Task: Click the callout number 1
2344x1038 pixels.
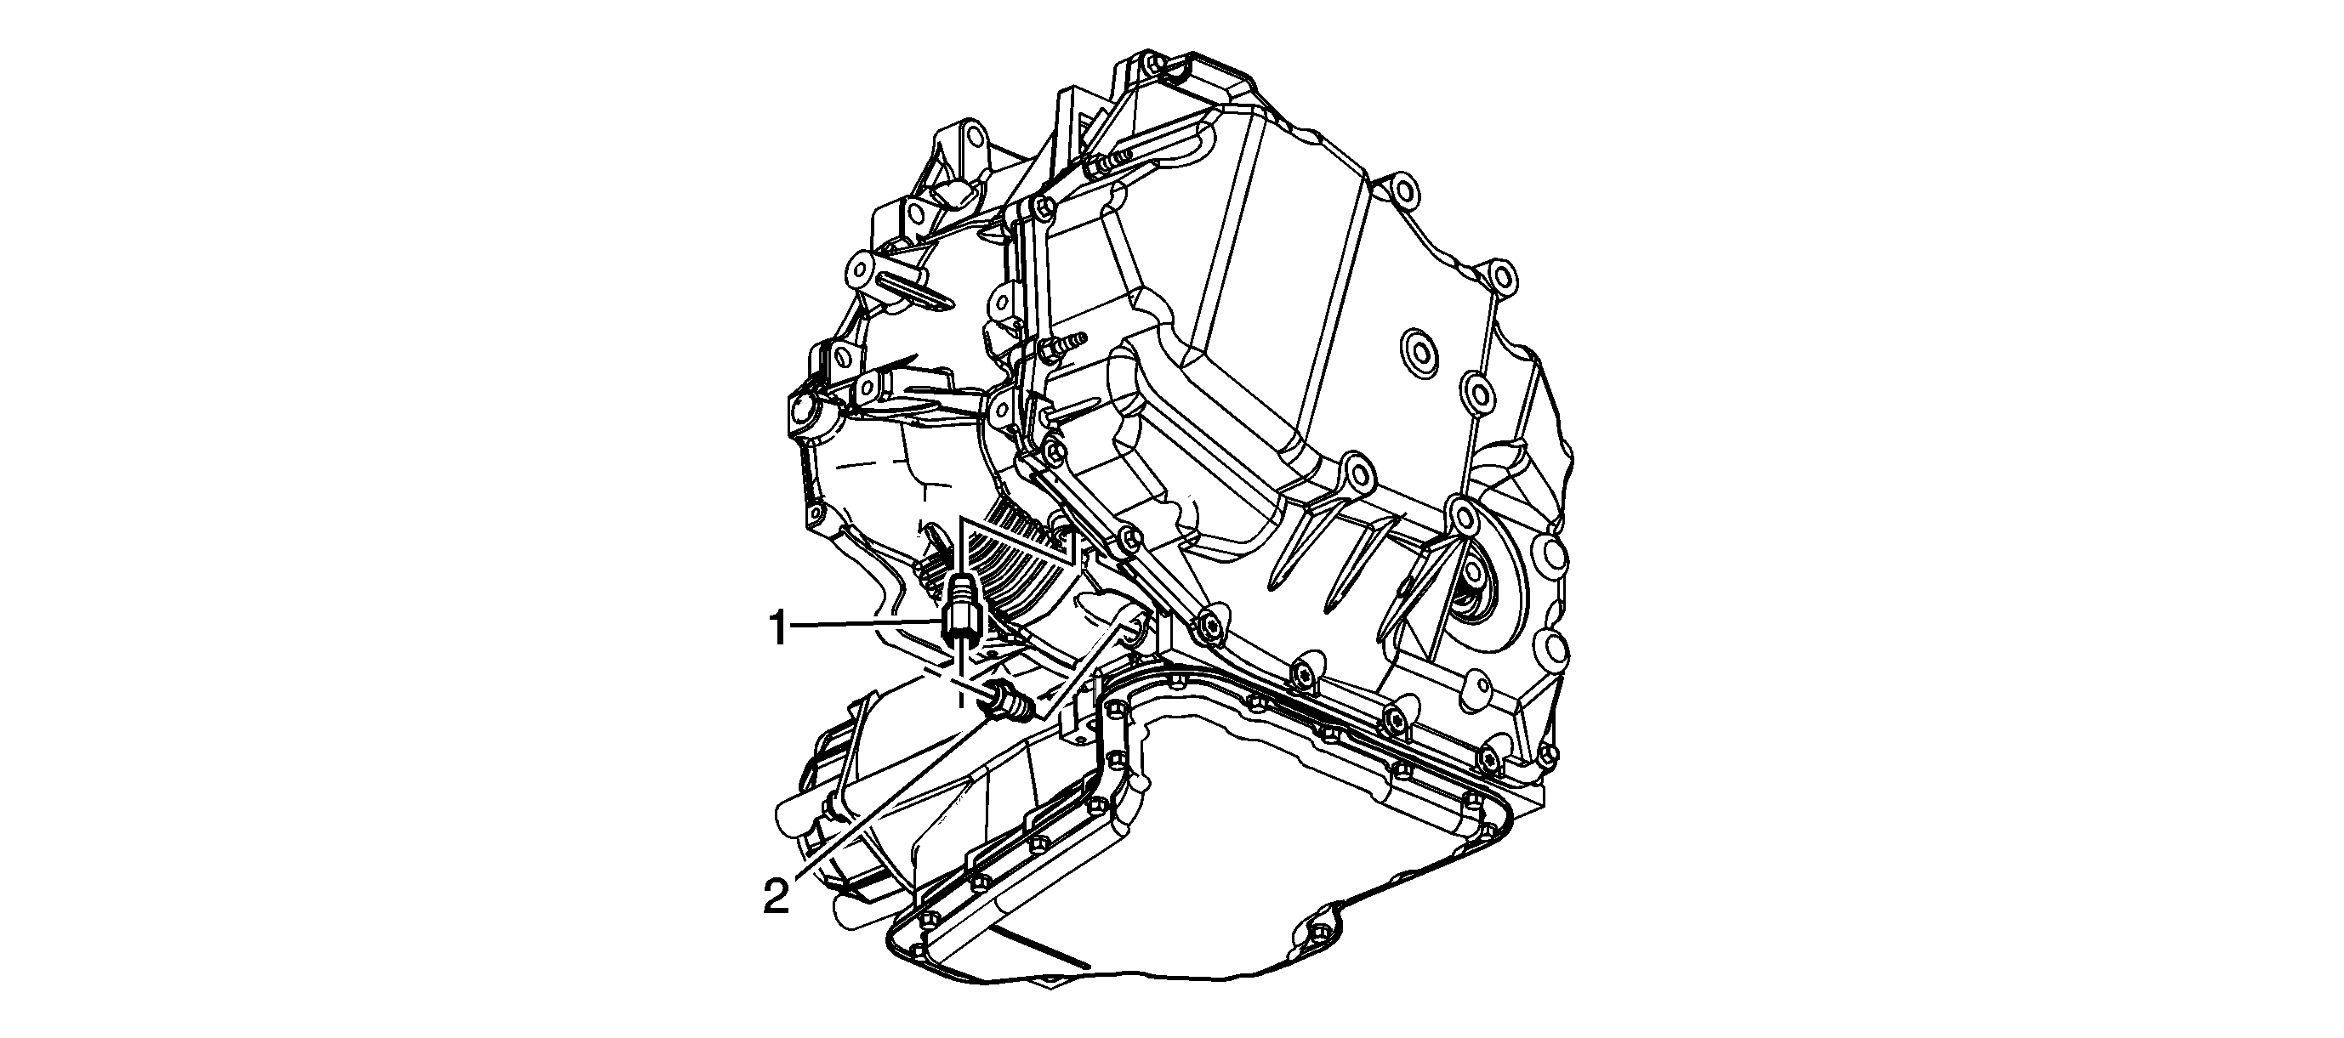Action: click(779, 628)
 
